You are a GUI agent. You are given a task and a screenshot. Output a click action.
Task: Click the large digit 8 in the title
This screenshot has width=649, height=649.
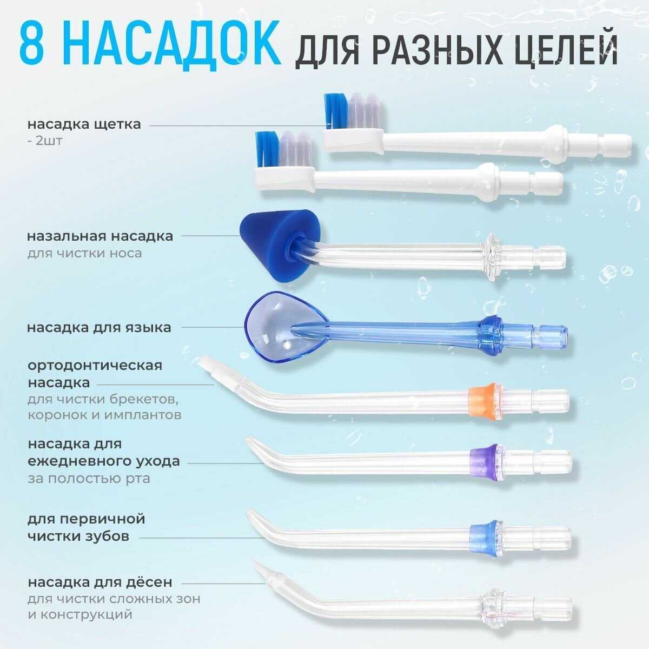point(32,45)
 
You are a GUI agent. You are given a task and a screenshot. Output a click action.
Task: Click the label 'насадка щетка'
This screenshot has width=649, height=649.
point(84,124)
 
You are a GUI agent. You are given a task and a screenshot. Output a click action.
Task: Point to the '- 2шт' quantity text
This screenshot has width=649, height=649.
point(45,141)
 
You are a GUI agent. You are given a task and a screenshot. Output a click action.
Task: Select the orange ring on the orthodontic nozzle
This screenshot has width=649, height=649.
point(482,401)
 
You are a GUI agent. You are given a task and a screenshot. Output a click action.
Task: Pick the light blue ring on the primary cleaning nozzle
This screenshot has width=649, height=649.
point(484,538)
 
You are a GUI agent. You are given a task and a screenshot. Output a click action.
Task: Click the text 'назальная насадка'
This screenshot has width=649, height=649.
point(100,236)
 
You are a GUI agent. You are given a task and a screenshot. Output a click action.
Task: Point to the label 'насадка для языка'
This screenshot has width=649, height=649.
point(99,327)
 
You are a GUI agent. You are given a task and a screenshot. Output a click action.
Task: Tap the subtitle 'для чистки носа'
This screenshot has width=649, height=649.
point(84,253)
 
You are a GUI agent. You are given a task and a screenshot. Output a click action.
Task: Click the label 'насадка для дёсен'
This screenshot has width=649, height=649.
point(100,582)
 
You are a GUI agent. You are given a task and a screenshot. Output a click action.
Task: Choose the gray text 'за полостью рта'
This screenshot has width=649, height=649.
point(89,479)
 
